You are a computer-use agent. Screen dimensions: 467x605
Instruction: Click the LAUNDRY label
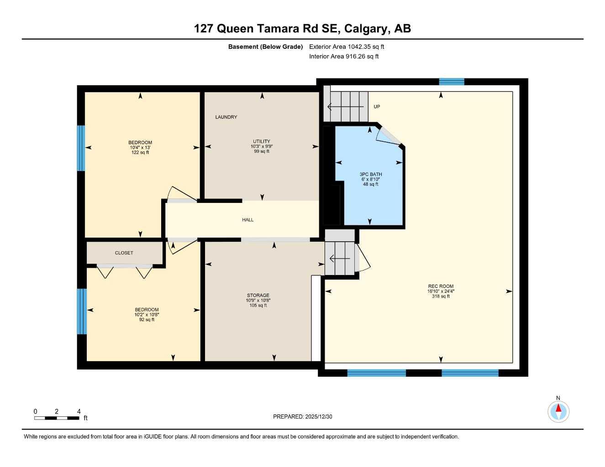tap(226, 117)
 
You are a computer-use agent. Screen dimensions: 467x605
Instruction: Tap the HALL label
tap(247, 220)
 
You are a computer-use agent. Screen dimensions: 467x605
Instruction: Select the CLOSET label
tap(124, 253)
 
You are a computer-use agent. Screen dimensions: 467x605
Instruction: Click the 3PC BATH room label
tap(370, 174)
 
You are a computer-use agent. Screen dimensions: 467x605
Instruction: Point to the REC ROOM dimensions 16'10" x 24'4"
tap(441, 291)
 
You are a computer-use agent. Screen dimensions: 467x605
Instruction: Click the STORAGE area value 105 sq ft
tap(258, 306)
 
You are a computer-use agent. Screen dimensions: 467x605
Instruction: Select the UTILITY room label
tap(262, 141)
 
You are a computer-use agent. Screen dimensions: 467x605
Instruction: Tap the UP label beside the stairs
tap(377, 107)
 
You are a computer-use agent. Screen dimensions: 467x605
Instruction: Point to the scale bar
tap(57, 418)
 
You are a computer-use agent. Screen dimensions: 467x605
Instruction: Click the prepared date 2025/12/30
tap(319, 417)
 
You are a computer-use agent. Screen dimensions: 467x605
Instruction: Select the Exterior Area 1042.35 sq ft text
tap(347, 47)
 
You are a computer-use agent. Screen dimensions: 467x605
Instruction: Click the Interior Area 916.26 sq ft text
tap(344, 57)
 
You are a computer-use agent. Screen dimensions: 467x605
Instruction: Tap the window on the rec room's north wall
tap(452, 82)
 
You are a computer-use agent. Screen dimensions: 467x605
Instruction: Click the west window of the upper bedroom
tap(81, 148)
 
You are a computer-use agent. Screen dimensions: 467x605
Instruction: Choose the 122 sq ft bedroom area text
tap(140, 152)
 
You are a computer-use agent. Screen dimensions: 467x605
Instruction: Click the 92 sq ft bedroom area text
tap(147, 320)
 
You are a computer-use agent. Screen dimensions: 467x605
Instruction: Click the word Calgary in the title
tap(366, 29)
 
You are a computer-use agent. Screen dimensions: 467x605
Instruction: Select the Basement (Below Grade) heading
tap(265, 47)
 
